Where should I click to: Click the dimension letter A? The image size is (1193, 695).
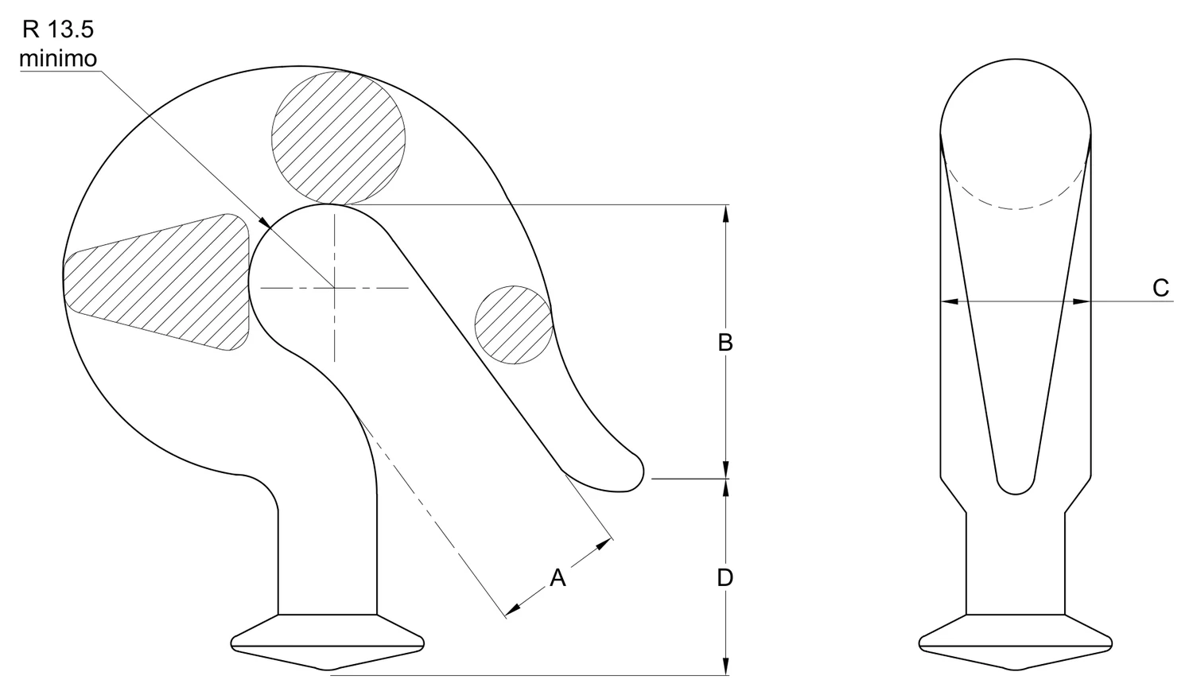(558, 578)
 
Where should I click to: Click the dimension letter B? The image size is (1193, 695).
(725, 343)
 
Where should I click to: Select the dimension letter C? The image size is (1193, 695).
(1161, 288)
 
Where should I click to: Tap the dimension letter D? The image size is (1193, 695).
(725, 578)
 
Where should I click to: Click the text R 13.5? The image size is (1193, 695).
(57, 30)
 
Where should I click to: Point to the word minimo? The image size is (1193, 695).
(58, 59)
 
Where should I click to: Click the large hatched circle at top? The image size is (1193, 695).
(338, 138)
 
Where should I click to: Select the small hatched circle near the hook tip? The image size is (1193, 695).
(514, 325)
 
